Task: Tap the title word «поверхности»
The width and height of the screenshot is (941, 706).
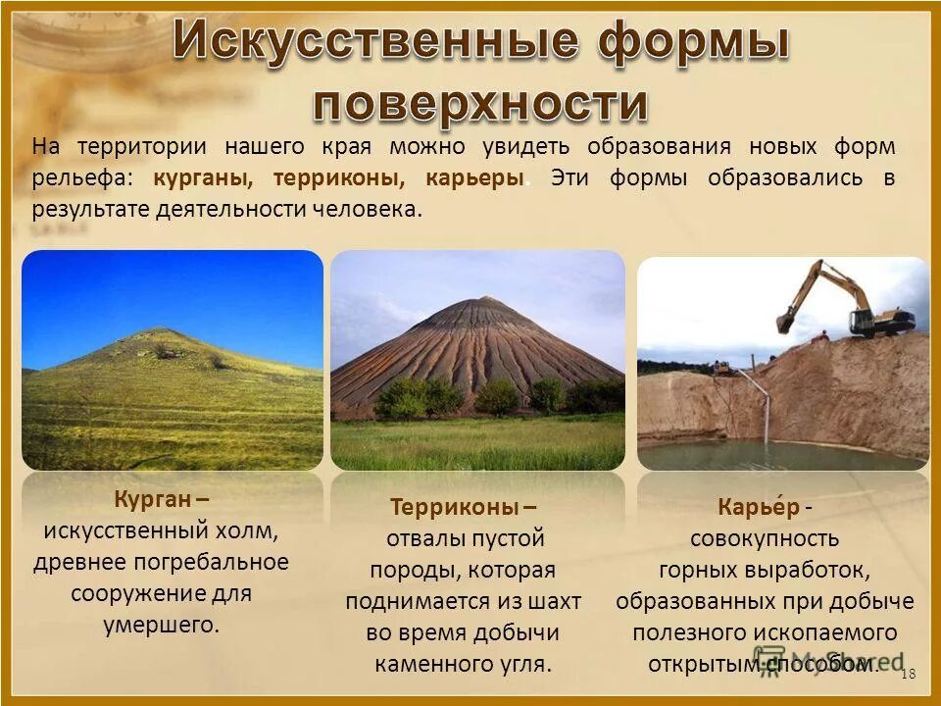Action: tap(481, 101)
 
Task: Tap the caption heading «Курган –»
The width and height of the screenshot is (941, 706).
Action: tap(161, 498)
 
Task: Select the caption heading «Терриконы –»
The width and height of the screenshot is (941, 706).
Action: tap(463, 507)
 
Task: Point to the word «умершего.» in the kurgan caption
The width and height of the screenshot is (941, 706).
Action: tap(162, 625)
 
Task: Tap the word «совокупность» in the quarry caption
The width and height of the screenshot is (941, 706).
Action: tap(765, 538)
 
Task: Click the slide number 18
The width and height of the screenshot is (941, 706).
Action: tap(907, 673)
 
